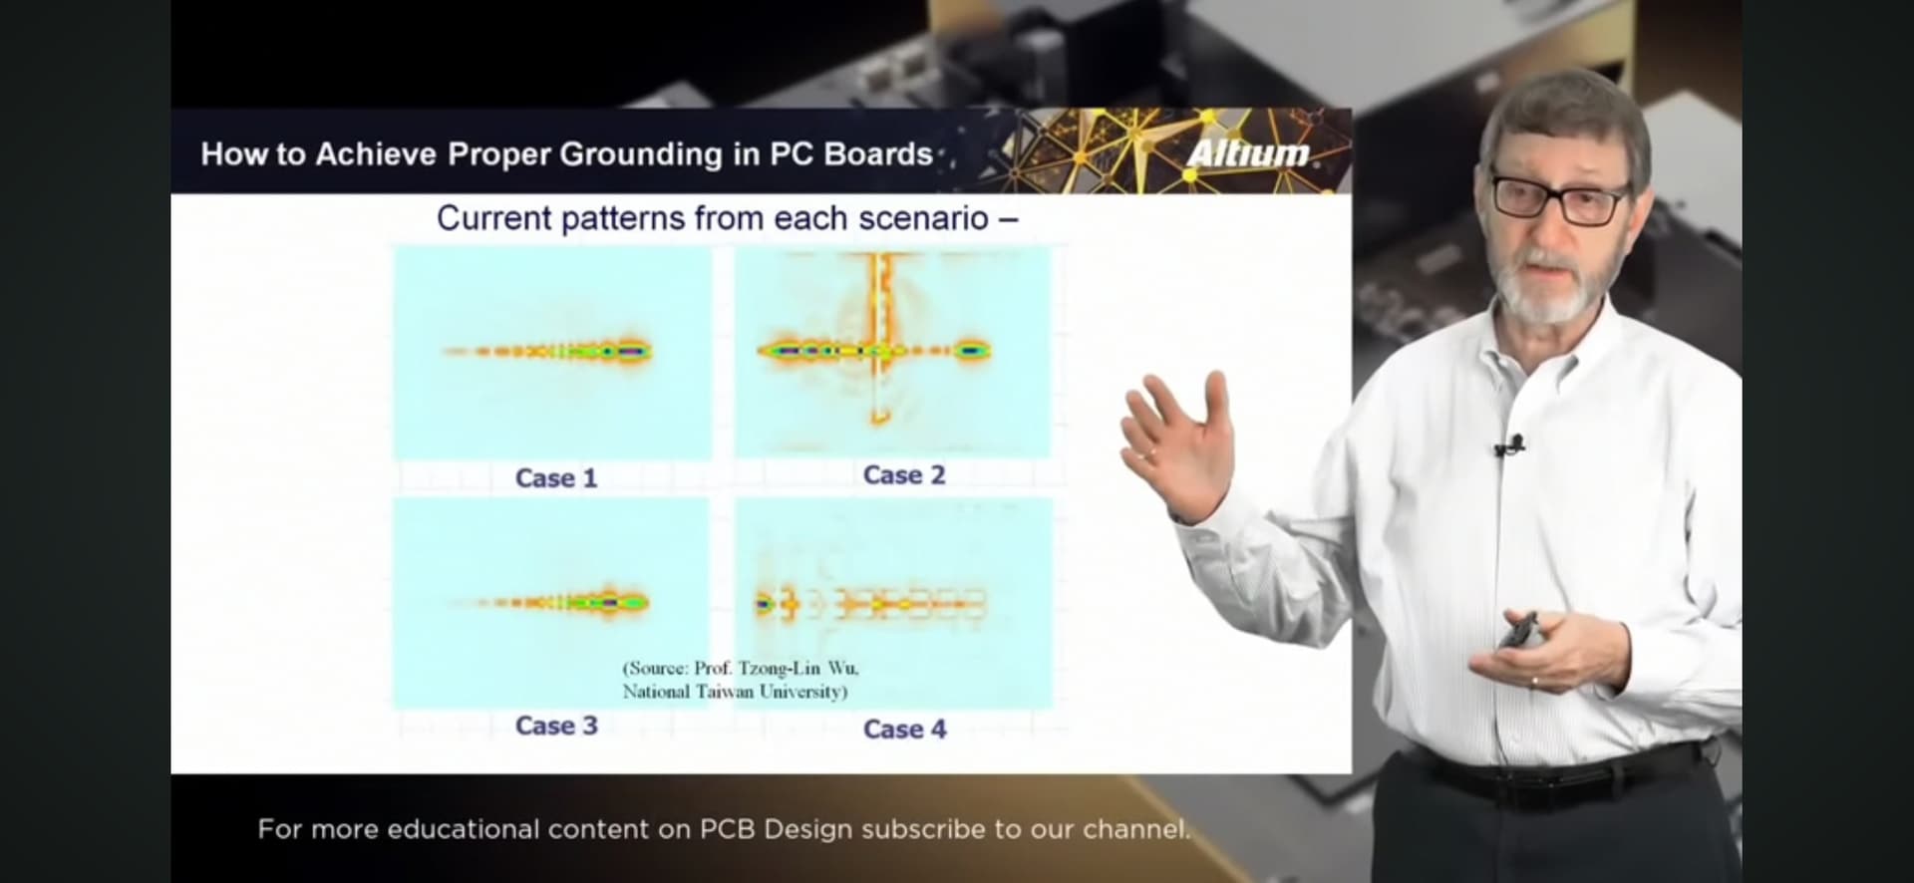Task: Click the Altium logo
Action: coord(1247,152)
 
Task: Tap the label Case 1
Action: coord(556,478)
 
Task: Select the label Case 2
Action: coord(903,475)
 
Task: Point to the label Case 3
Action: coord(556,726)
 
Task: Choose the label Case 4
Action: coord(904,730)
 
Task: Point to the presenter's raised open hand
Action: coord(1176,439)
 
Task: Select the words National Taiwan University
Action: coord(735,692)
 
